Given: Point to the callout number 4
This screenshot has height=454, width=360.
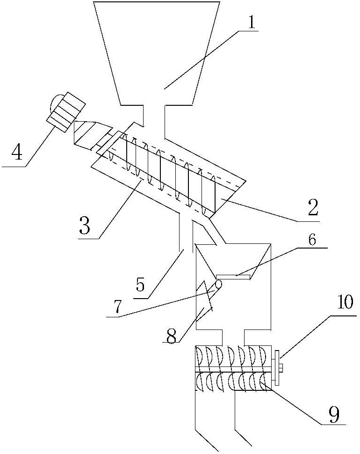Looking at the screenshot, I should [17, 153].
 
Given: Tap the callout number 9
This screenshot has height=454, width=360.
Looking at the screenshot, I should [333, 413].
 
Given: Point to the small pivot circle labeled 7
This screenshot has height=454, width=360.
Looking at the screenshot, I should [218, 284].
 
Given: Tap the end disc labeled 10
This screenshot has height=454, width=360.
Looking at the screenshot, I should [277, 368].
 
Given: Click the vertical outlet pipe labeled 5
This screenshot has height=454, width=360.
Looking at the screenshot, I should [184, 232].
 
